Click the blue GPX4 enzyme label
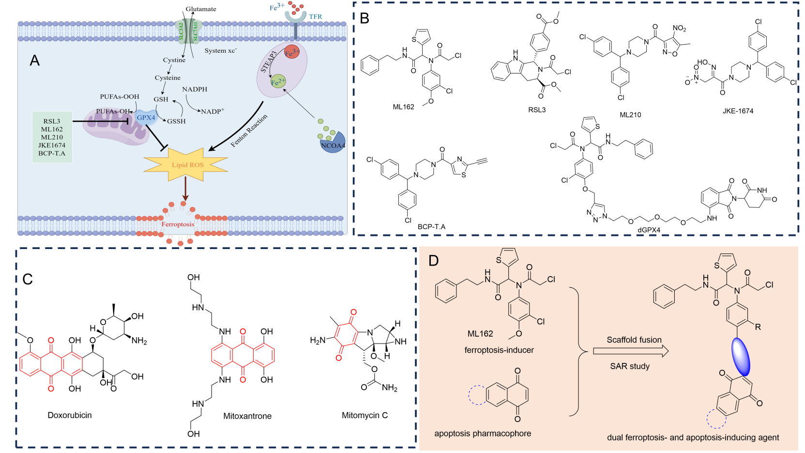tap(146, 118)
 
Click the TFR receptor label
tap(316, 16)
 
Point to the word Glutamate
tap(201, 9)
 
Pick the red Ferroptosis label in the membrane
tap(178, 224)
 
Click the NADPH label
tap(195, 89)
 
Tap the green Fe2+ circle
tap(278, 82)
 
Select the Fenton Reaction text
tap(249, 131)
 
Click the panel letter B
tap(365, 18)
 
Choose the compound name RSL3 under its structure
tap(537, 110)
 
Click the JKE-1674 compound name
tap(738, 111)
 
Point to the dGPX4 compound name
tap(649, 230)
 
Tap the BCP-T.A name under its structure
tap(431, 226)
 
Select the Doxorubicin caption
tap(70, 415)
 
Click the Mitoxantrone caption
tap(247, 416)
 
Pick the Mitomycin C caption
tap(365, 415)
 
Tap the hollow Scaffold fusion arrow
tap(630, 351)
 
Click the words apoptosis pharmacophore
tap(483, 434)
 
